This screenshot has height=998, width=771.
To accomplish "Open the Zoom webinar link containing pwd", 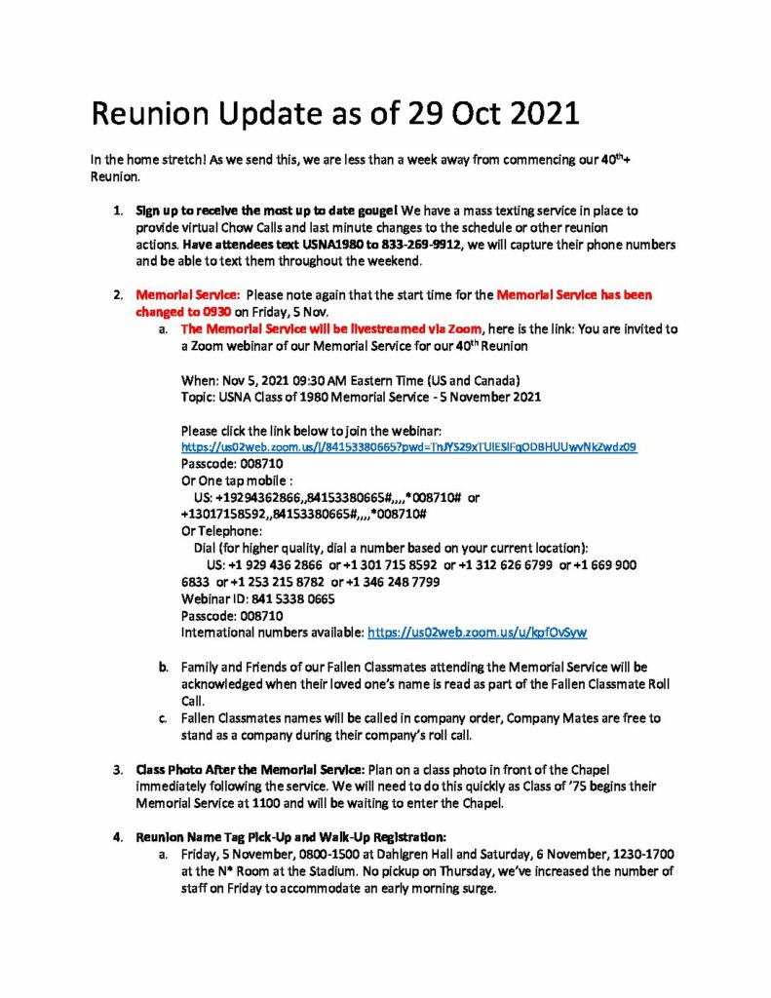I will click(x=409, y=446).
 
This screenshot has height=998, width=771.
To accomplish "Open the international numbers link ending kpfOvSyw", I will click(x=477, y=632).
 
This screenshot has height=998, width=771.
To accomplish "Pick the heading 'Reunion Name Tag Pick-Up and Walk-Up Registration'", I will click(x=291, y=835).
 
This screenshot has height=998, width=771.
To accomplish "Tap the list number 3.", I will click(x=117, y=769).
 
